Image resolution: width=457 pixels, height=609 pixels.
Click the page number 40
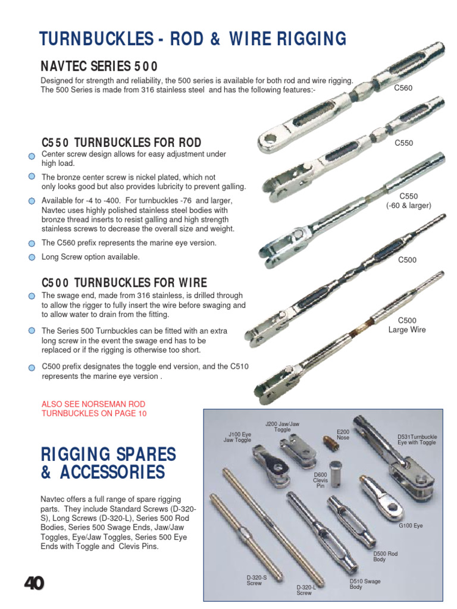[34, 585]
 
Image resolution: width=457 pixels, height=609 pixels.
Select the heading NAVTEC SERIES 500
[99, 65]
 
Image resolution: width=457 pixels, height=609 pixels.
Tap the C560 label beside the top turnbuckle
[403, 88]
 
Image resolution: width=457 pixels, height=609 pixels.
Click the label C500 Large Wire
[407, 325]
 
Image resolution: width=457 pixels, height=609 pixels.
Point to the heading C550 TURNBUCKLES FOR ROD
[121, 143]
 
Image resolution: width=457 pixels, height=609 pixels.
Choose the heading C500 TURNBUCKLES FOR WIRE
[124, 282]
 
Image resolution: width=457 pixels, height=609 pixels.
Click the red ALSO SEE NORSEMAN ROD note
[93, 409]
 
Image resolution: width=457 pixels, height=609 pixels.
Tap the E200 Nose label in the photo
[343, 435]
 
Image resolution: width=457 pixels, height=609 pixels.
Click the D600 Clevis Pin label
[321, 480]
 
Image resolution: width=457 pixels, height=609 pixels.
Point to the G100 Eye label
[411, 526]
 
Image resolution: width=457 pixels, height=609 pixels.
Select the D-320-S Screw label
[257, 580]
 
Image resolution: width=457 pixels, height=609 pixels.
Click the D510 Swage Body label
[365, 584]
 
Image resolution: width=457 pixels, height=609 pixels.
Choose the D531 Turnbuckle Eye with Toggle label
[417, 440]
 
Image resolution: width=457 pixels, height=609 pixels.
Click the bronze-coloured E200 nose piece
[328, 443]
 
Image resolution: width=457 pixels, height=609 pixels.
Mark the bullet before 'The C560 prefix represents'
[32, 243]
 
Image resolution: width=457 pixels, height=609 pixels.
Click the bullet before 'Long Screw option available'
[32, 258]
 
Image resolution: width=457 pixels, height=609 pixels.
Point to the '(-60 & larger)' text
[408, 206]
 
